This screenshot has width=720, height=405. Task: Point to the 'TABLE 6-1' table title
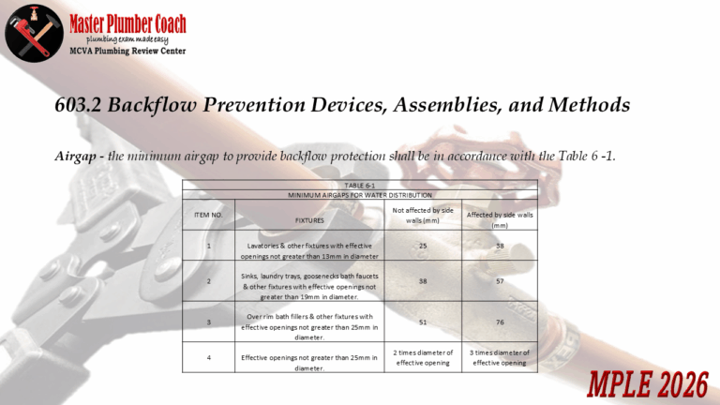coord(360,186)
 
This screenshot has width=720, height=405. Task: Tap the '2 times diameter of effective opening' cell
coord(423,357)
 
